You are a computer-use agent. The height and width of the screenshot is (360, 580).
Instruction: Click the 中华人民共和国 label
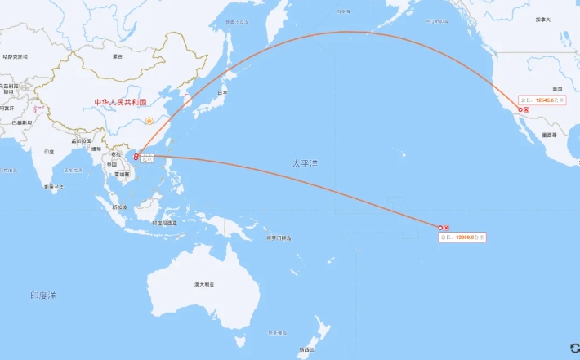(120, 103)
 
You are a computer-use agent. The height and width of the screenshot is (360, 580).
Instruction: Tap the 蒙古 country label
(118, 56)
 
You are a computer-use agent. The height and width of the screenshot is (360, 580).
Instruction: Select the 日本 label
(221, 94)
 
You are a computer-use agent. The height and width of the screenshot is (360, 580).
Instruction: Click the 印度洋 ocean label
(42, 295)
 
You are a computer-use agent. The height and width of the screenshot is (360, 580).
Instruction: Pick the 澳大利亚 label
(203, 284)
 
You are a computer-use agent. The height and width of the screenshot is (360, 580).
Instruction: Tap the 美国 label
(558, 88)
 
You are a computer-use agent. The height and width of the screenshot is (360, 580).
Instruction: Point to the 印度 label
(49, 153)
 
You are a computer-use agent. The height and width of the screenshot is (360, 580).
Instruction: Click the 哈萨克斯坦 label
(15, 57)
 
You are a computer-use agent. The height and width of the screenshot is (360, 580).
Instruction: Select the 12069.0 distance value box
(462, 237)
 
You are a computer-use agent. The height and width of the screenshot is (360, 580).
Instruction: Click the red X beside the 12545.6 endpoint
(527, 109)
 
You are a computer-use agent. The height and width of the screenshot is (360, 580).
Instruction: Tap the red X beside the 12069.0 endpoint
(447, 228)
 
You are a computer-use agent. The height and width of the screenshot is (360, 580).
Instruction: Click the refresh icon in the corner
(573, 349)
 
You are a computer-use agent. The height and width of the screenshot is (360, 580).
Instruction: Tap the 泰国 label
(110, 164)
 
